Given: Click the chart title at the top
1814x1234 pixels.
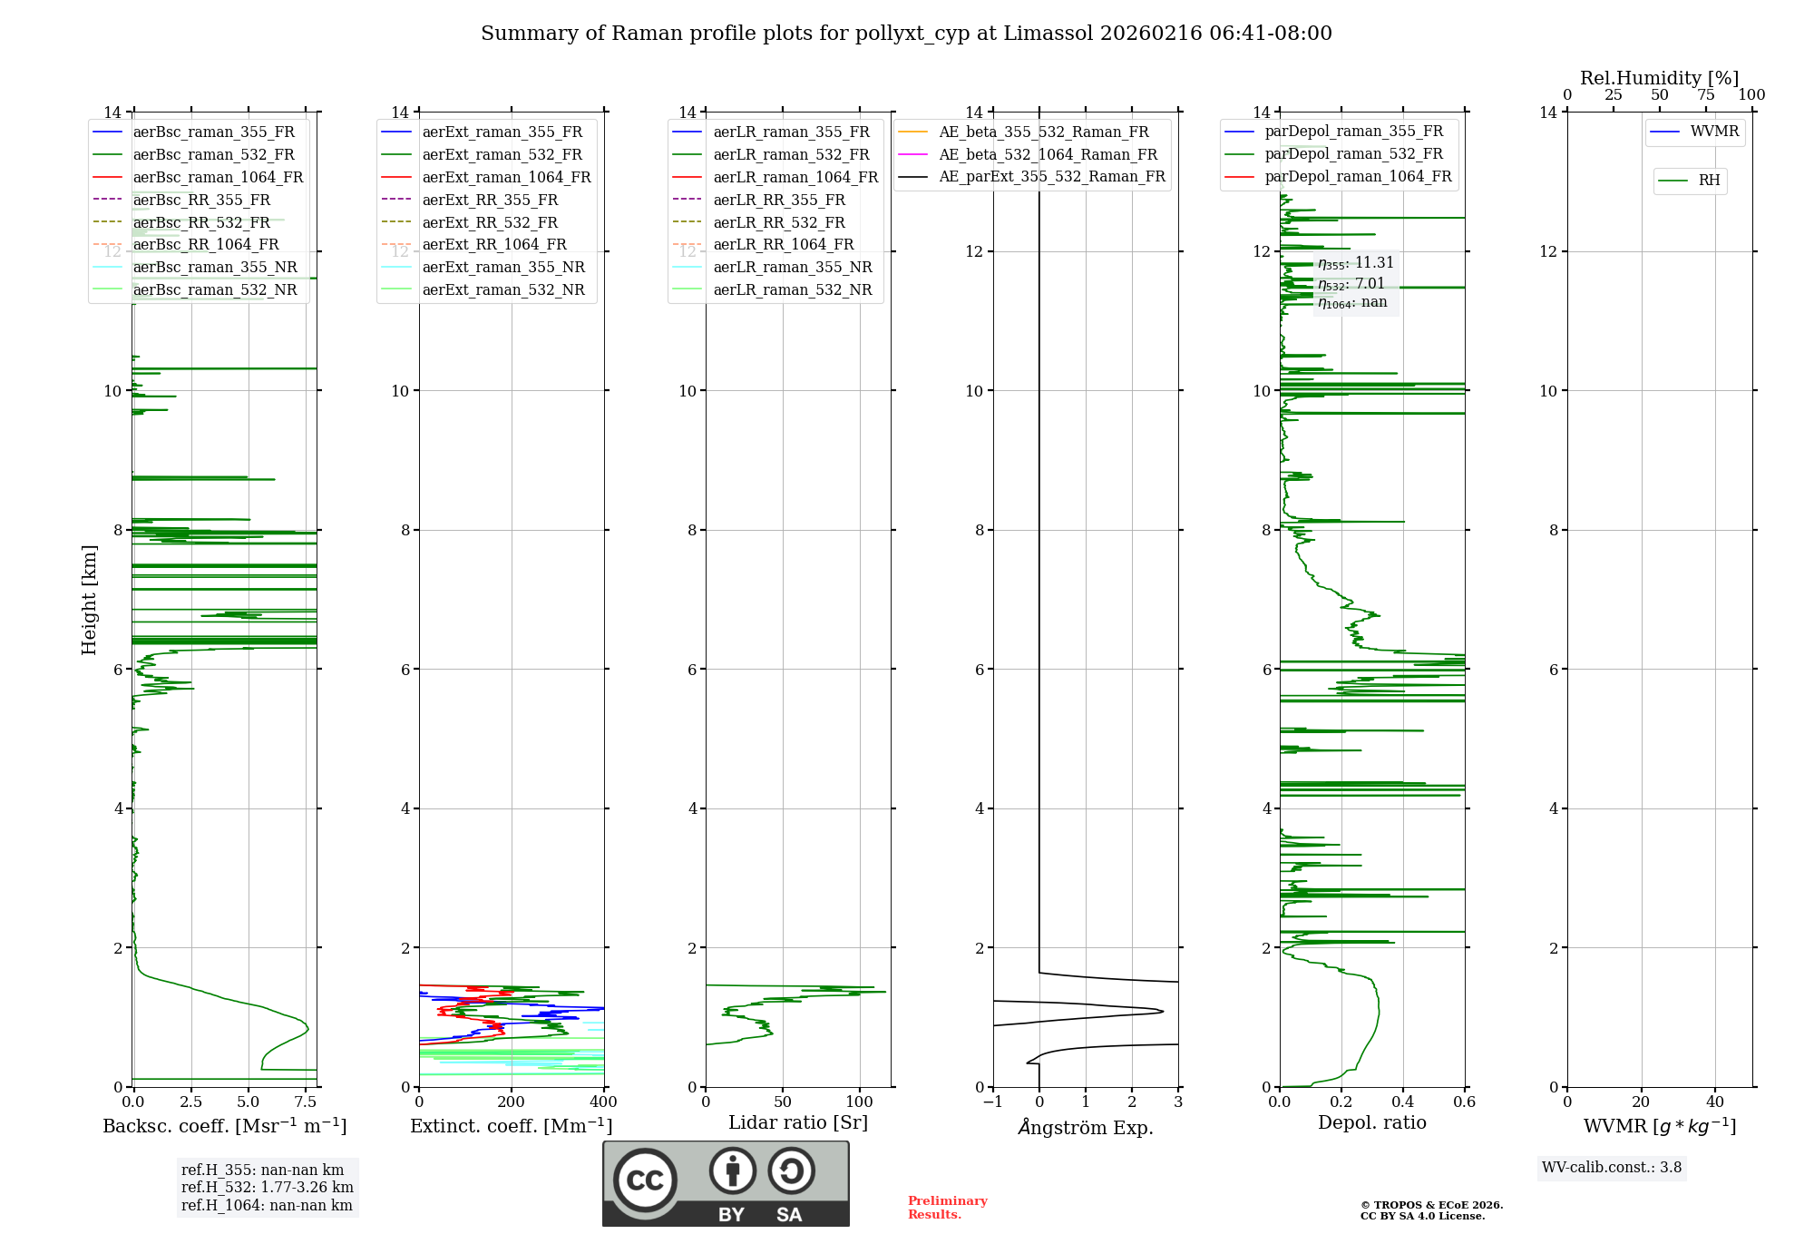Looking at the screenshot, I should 906,34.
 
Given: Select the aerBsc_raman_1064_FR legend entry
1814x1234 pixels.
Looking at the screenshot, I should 218,177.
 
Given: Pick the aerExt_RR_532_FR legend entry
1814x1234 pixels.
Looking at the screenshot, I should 490,222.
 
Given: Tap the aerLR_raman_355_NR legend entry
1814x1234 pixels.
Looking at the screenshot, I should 792,267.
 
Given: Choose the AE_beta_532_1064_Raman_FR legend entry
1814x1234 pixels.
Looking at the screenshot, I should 1048,154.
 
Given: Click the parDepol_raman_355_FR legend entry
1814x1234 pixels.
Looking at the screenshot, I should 1353,132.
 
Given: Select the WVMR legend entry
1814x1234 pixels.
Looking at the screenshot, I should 1714,132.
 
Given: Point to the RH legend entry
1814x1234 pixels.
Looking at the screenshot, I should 1709,181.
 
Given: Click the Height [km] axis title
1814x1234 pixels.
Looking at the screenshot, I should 89,599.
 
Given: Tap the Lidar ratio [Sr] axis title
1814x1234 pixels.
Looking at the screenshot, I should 798,1122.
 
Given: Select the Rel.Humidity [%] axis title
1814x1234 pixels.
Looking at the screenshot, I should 1659,78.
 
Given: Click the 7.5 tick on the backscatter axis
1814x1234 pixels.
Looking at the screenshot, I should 307,1102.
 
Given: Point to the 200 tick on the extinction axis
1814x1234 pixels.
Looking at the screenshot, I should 512,1102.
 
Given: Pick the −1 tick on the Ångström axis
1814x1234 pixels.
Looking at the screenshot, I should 993,1102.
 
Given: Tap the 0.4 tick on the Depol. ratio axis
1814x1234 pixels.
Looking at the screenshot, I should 1403,1102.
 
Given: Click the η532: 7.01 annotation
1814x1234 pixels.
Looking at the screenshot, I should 1351,284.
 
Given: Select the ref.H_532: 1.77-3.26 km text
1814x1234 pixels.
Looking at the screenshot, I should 267,1187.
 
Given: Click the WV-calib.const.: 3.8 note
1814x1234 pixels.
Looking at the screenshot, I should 1612,1168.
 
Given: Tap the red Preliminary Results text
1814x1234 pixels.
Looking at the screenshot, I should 947,1208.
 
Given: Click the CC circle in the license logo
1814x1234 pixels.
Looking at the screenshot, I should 645,1180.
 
